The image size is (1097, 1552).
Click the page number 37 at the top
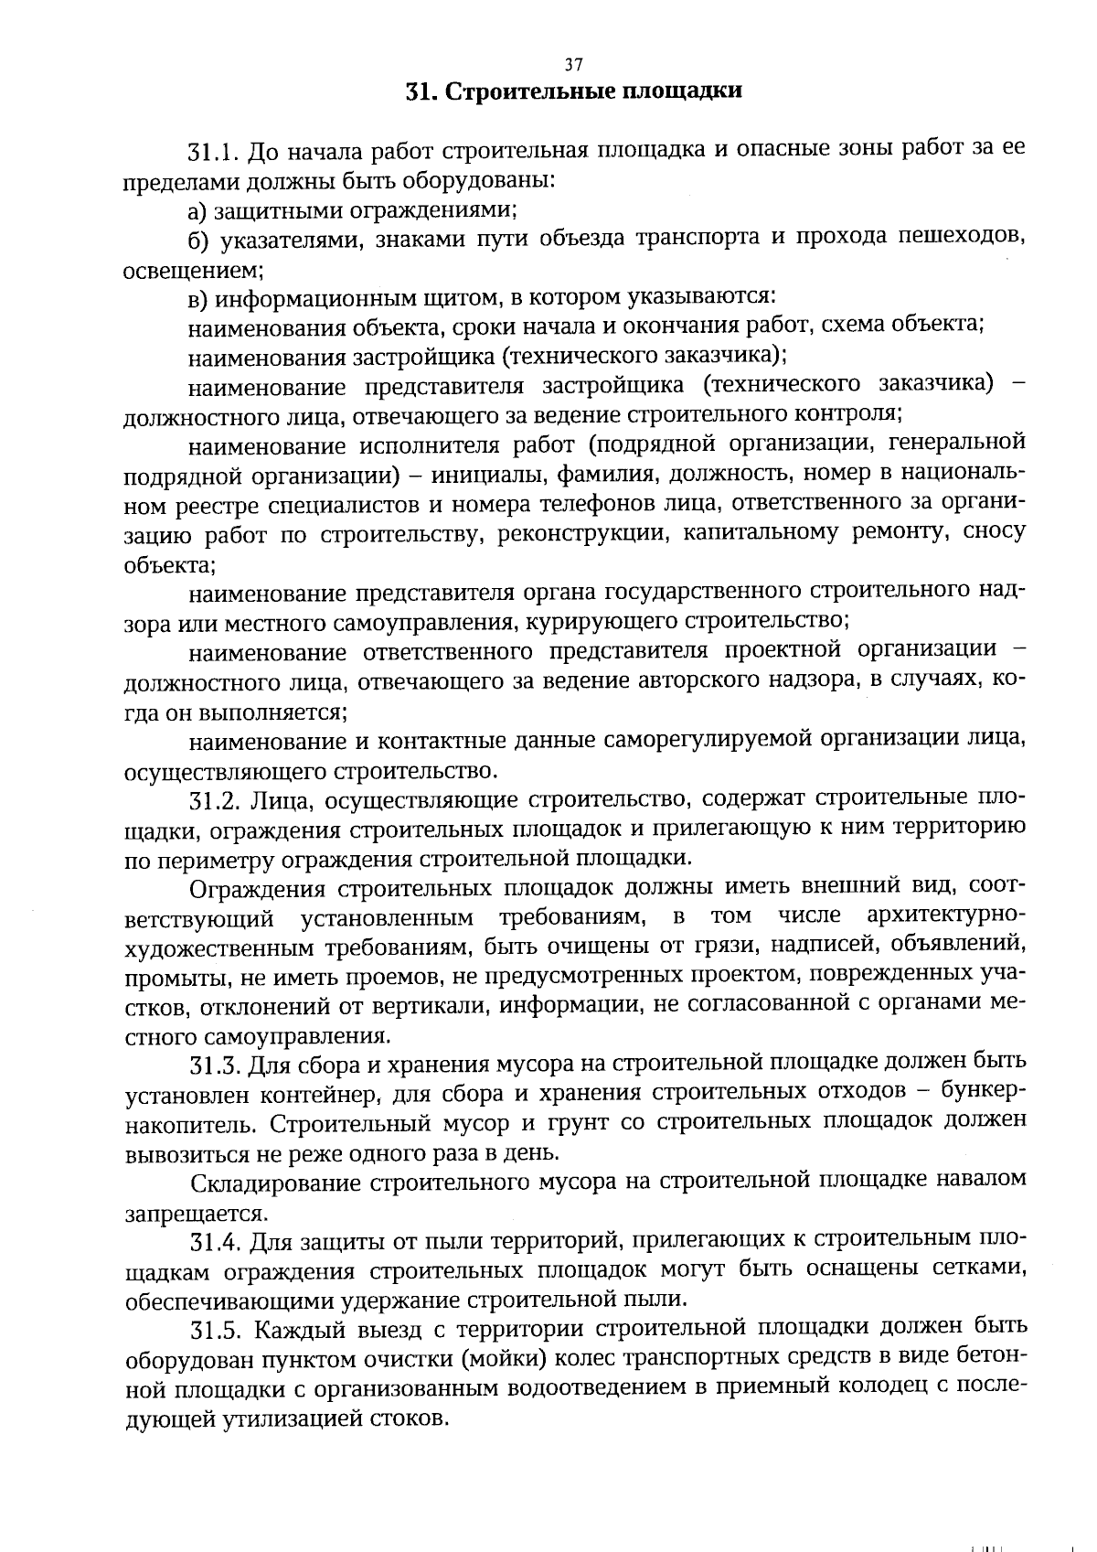point(573,64)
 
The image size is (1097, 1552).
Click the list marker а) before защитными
point(198,210)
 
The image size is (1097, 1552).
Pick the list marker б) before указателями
point(199,241)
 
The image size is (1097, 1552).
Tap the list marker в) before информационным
point(198,298)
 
